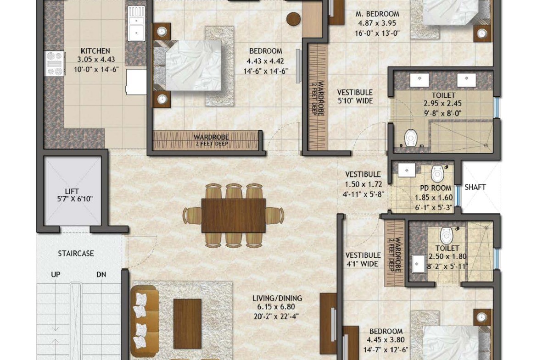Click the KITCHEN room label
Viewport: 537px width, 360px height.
[95, 51]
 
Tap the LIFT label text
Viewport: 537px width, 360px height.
[72, 191]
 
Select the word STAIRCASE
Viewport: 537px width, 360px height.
[76, 254]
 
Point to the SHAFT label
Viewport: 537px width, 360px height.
[475, 187]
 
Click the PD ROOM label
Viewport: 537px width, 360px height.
[436, 188]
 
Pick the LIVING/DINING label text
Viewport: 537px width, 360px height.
[277, 299]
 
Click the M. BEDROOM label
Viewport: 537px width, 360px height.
[377, 14]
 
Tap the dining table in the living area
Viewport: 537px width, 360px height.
[234, 216]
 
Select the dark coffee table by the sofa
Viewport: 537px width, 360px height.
[187, 324]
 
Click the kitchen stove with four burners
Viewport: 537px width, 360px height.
[55, 64]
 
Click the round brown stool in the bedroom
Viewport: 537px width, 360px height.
[293, 20]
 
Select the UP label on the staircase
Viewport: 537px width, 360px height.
[56, 275]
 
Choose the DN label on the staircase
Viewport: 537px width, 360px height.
[101, 275]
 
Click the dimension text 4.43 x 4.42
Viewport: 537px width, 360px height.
[265, 61]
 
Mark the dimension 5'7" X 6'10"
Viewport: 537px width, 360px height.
[75, 199]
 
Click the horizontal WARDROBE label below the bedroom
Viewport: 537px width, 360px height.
[211, 137]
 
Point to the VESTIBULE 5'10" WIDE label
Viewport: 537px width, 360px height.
[355, 97]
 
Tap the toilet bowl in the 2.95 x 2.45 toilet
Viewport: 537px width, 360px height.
[411, 138]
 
